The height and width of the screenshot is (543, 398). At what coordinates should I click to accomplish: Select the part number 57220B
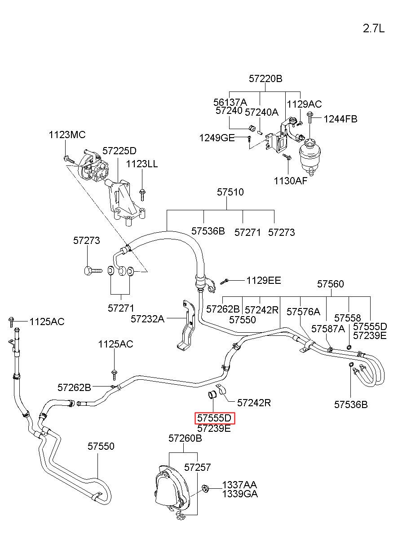pos(265,79)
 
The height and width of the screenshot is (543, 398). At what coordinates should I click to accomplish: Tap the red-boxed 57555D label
pos(214,418)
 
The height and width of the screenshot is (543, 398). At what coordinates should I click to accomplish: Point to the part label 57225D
pos(119,151)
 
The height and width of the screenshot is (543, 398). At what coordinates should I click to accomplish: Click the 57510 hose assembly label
pos(230,192)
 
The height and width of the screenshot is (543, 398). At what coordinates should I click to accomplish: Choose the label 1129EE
pos(264,281)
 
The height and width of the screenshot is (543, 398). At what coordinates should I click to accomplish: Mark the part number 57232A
pos(148,319)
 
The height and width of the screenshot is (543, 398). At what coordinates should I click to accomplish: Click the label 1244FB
pos(341,119)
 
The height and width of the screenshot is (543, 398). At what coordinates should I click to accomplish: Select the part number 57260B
pos(185,438)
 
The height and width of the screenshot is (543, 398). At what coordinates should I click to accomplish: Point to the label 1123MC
pos(67,135)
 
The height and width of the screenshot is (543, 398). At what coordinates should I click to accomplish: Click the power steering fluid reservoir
pos(310,157)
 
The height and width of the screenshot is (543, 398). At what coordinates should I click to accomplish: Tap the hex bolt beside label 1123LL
pos(142,195)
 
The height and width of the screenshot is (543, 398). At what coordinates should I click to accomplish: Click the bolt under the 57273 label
pos(93,270)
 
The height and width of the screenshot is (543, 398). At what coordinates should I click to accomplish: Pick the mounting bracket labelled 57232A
pos(186,326)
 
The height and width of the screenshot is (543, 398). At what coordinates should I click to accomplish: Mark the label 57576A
pos(303,312)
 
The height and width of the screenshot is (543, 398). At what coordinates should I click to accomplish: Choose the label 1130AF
pos(291,181)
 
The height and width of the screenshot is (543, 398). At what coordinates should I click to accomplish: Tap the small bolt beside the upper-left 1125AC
pos(11,322)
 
